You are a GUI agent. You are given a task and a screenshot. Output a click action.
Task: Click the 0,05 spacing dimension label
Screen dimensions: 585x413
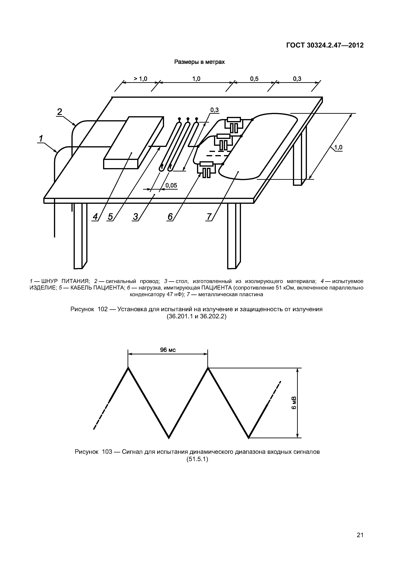click(171, 185)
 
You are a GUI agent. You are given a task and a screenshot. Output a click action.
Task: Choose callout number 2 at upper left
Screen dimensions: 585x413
click(60, 112)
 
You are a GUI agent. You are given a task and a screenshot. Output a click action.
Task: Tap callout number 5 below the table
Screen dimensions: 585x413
click(110, 217)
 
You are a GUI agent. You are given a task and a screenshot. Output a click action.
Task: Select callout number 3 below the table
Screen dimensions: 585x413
click(135, 217)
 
